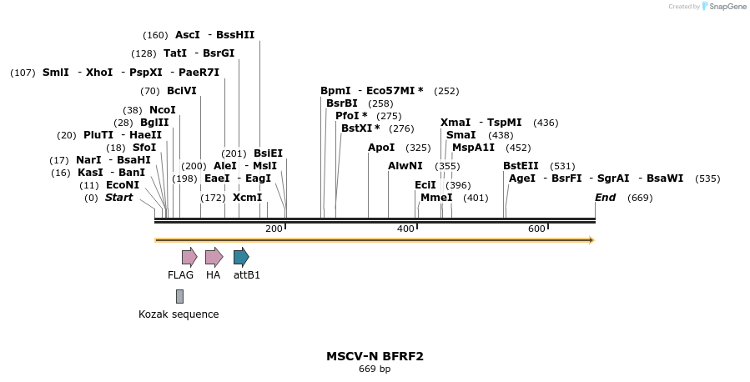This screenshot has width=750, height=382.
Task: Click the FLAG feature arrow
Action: click(189, 257)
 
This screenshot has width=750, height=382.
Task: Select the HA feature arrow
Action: click(214, 257)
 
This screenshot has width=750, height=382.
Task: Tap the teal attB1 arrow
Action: click(241, 257)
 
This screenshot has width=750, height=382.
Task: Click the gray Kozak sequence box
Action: click(179, 296)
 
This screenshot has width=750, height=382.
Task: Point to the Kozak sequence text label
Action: click(179, 314)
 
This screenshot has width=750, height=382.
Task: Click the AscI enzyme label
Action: click(188, 35)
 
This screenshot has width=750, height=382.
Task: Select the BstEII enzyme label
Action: click(521, 166)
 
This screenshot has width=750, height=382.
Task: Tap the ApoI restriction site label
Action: click(381, 148)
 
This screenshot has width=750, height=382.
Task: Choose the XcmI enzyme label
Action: click(247, 198)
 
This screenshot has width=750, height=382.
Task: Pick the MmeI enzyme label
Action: click(436, 198)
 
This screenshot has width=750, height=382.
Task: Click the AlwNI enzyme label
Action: click(405, 166)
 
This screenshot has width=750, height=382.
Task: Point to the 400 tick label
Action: click(405, 229)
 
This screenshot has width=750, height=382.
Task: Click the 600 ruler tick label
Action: click(536, 229)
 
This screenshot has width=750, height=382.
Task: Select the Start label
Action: click(118, 198)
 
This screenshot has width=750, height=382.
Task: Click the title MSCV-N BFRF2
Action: click(375, 356)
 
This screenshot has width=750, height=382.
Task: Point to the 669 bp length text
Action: click(375, 369)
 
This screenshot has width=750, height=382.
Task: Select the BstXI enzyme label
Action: click(360, 128)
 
